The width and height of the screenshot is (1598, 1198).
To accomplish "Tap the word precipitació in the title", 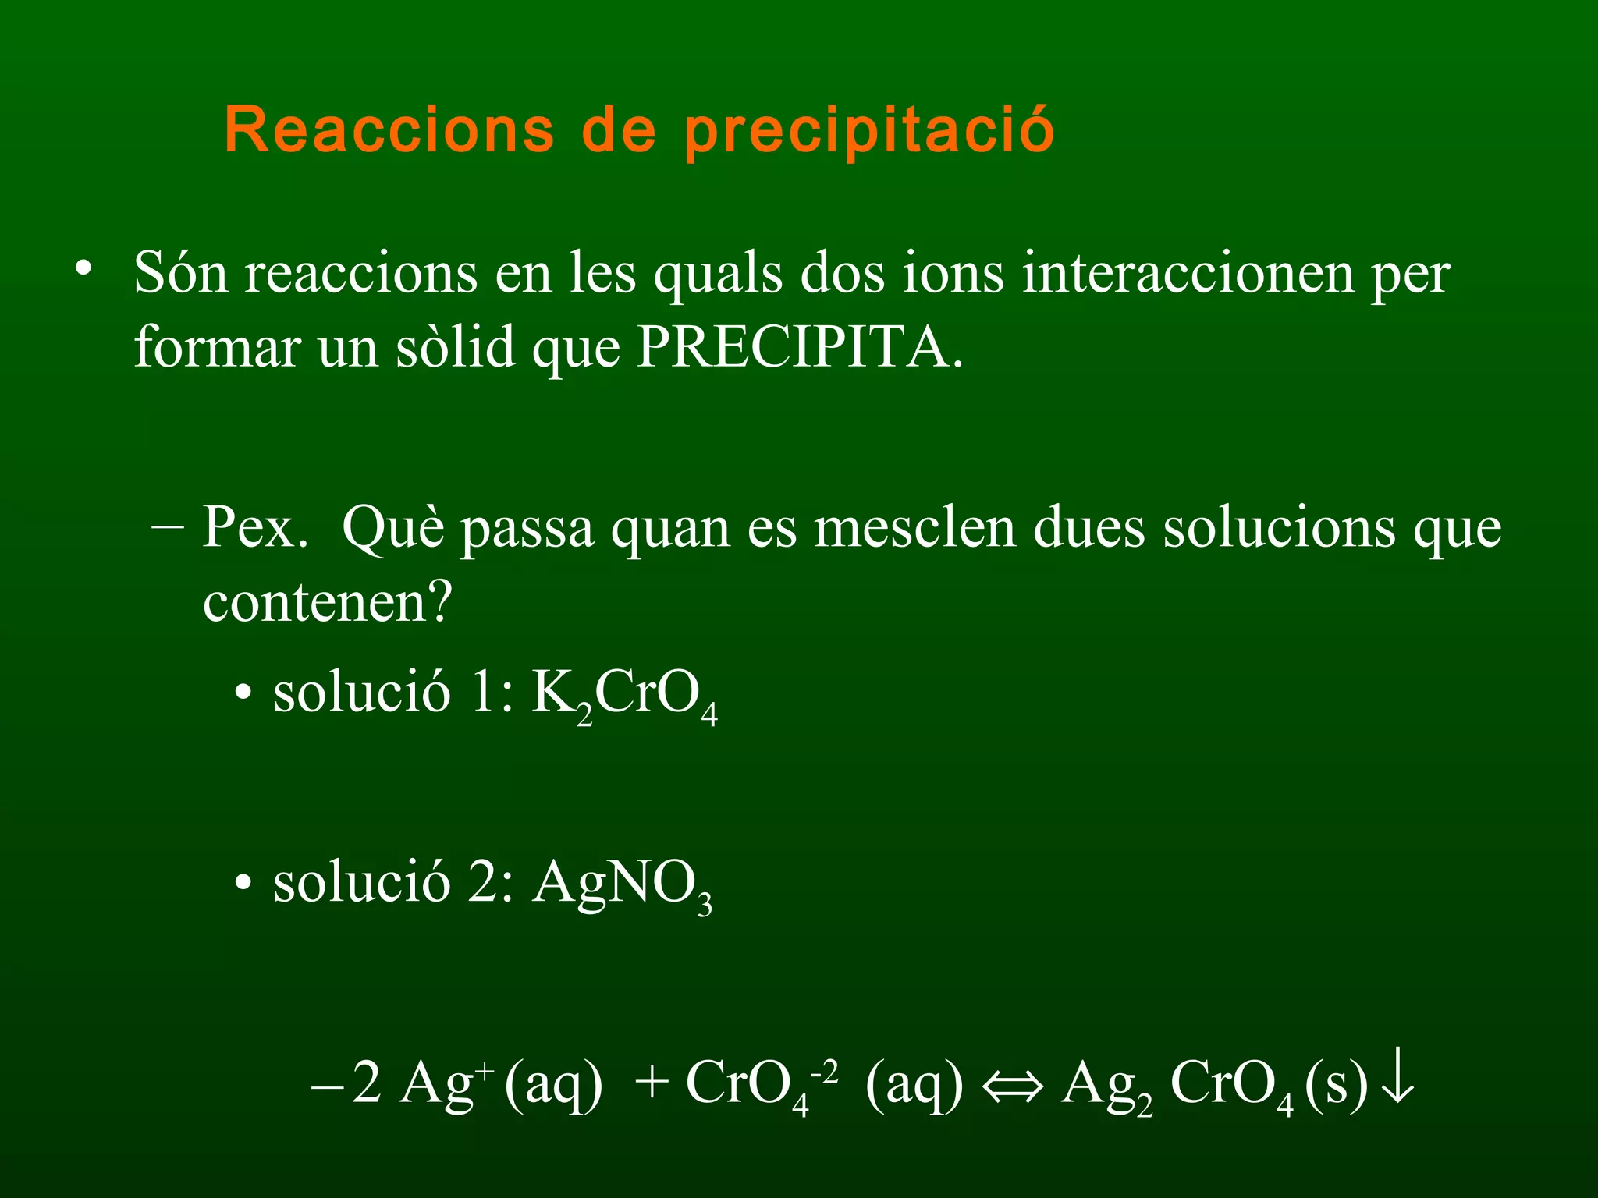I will click(x=869, y=131).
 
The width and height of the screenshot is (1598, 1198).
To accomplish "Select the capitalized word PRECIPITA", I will click(x=801, y=347).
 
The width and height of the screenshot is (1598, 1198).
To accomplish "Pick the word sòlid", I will click(x=456, y=347).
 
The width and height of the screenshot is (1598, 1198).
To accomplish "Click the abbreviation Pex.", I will click(x=255, y=528).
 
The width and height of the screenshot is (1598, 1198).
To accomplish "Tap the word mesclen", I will click(x=914, y=528).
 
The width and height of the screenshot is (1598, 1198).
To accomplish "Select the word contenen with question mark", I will click(x=328, y=602).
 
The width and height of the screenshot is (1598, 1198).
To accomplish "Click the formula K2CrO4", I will click(x=624, y=694).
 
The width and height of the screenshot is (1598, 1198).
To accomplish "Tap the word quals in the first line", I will click(x=718, y=275).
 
